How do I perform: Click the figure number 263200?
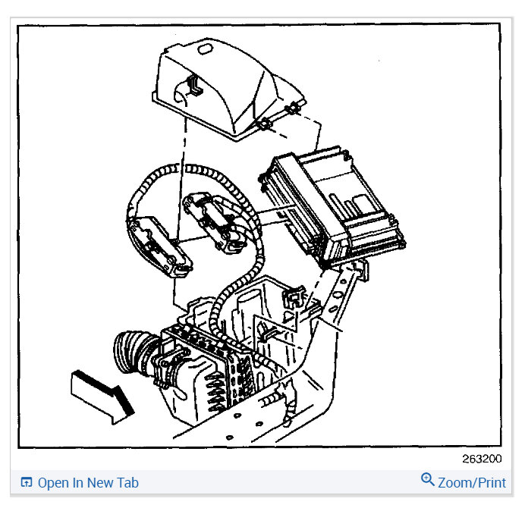pos(481,459)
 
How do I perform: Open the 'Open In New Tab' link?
pos(88,482)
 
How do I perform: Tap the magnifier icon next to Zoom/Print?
pos(428,480)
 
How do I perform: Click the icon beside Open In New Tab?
pos(27,482)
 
